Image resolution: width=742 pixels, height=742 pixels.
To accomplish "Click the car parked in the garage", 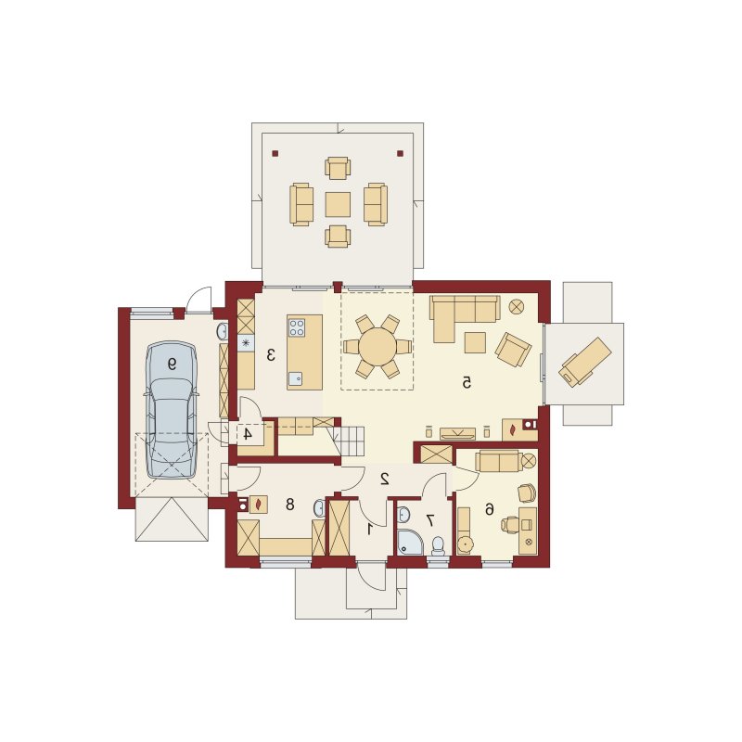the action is click(171, 410).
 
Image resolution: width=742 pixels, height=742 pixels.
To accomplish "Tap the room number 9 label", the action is click(172, 364).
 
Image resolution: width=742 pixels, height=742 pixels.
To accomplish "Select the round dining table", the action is click(377, 347).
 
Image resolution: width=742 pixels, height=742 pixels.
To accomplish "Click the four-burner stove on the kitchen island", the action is click(297, 327).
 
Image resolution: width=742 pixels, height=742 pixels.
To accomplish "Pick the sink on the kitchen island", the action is click(296, 378).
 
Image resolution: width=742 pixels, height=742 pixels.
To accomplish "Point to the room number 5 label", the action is click(467, 382).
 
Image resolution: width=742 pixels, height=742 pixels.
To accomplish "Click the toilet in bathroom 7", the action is click(438, 545).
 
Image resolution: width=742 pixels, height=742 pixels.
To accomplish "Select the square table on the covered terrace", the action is click(338, 204).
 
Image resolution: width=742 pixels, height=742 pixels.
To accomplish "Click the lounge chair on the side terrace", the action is click(585, 362).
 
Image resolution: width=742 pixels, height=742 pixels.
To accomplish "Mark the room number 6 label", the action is click(490, 509).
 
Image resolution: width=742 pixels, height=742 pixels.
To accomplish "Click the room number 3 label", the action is click(271, 354).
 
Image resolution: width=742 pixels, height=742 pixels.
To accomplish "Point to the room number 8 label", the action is click(290, 505).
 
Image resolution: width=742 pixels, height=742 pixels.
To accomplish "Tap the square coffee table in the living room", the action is click(475, 342).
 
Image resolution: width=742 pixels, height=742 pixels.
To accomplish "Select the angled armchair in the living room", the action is click(513, 350).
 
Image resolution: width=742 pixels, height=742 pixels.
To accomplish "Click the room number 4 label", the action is click(247, 433).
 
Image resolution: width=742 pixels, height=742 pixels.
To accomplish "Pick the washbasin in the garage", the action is click(222, 332).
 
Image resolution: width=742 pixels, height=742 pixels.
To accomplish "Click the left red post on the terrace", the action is click(275, 153).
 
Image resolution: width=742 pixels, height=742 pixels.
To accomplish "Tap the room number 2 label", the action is click(385, 479).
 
